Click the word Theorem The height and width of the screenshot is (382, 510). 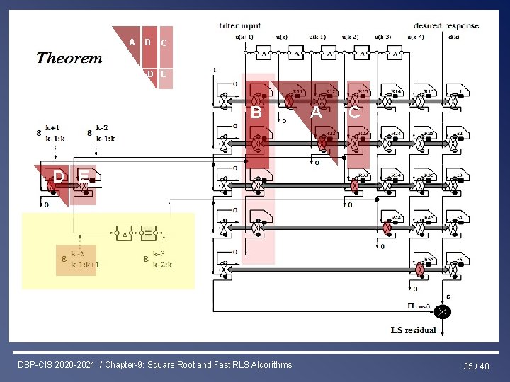tap(69, 58)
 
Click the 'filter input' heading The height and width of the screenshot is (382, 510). tap(239, 26)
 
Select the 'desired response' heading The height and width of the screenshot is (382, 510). tap(446, 26)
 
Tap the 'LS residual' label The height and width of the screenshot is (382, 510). tap(414, 330)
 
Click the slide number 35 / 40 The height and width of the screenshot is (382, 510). tap(477, 366)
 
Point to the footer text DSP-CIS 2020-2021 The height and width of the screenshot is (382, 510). tap(58, 365)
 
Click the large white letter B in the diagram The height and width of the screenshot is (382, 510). tap(256, 112)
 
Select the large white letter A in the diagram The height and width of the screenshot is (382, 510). tap(316, 111)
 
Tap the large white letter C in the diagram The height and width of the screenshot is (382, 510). tap(354, 111)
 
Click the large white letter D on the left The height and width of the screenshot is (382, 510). tap(56, 175)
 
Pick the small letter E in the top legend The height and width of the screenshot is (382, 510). tap(164, 74)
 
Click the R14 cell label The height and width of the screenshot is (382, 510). tap(397, 91)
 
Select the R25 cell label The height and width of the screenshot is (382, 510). tap(429, 133)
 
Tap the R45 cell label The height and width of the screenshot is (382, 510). tap(429, 217)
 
